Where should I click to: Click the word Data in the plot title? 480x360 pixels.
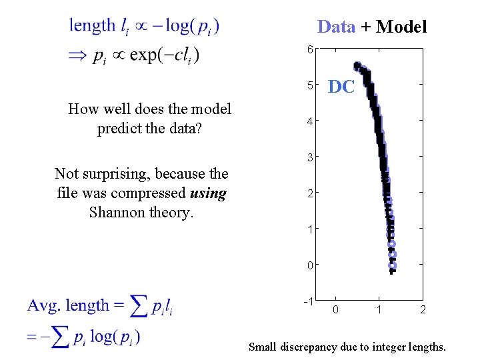click(337, 27)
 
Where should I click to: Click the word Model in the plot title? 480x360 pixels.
click(401, 27)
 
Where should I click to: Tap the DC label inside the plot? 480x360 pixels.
click(341, 87)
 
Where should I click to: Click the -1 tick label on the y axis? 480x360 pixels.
click(309, 301)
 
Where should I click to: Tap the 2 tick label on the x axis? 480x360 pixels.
click(422, 310)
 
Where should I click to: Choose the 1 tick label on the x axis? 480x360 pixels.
click(379, 310)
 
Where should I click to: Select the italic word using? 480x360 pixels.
click(208, 193)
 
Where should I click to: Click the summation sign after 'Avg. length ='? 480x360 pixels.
click(139, 307)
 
